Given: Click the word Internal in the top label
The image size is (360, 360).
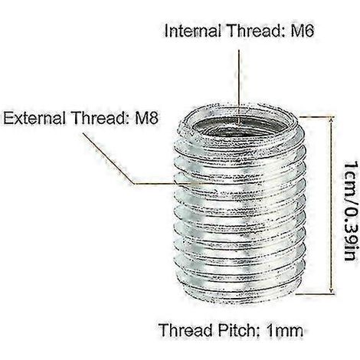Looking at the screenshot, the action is (192, 31).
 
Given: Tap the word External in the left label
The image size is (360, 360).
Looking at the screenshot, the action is (34, 118).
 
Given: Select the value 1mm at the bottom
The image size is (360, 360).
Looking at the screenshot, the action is (284, 330).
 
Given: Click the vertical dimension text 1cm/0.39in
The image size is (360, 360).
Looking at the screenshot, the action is (350, 210).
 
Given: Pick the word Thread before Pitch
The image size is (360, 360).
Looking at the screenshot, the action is (185, 330).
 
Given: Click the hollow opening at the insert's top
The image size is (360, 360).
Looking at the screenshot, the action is (239, 127).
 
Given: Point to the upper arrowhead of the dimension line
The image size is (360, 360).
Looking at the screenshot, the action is (331, 120).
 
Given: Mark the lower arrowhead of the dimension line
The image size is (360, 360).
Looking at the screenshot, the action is (331, 290).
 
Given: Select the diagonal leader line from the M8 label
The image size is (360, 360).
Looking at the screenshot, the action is (108, 158).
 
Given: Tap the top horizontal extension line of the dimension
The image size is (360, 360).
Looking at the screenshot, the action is (316, 116).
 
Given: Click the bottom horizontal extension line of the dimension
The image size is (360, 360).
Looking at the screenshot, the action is (316, 294).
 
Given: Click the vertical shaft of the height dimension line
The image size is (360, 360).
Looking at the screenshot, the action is (331, 205).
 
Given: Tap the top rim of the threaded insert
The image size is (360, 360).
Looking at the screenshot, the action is (239, 109).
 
